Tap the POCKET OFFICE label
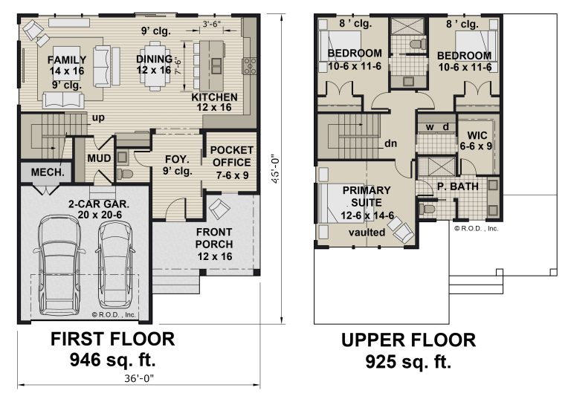click(x=232, y=156)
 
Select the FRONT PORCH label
click(x=214, y=238)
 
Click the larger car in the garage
click(x=59, y=265)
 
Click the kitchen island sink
click(x=216, y=66)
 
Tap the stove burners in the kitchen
click(x=250, y=66)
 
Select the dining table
click(x=155, y=66)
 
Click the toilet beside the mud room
click(x=125, y=174)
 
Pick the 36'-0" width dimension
click(x=139, y=378)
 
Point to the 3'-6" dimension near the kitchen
click(x=212, y=24)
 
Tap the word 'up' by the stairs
click(x=98, y=117)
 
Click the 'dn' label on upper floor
click(x=391, y=143)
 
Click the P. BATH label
click(x=458, y=186)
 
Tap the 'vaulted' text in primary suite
click(x=367, y=233)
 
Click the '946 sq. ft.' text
click(x=112, y=360)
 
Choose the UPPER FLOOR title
click(x=409, y=340)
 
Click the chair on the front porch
click(x=219, y=209)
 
